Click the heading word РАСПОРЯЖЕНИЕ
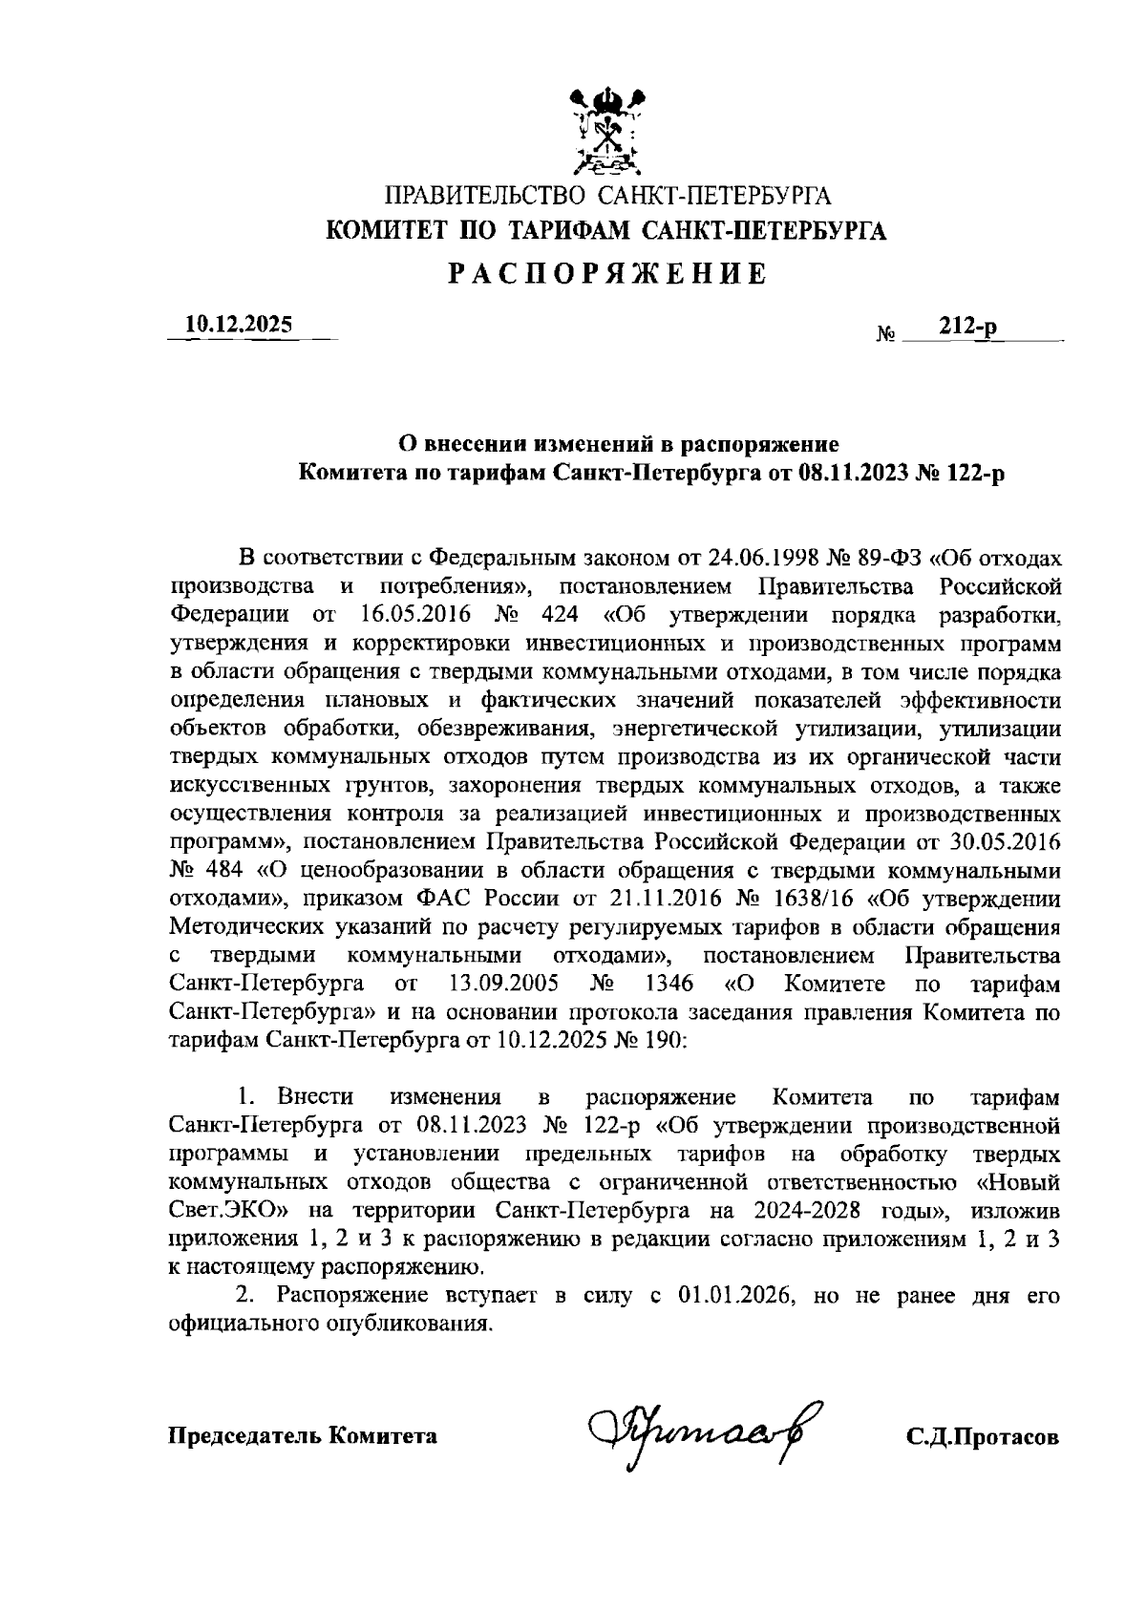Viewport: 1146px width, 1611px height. point(607,274)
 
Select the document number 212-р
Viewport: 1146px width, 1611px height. point(966,327)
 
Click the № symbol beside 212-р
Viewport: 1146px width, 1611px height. point(886,335)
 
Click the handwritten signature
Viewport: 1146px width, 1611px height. point(694,1429)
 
